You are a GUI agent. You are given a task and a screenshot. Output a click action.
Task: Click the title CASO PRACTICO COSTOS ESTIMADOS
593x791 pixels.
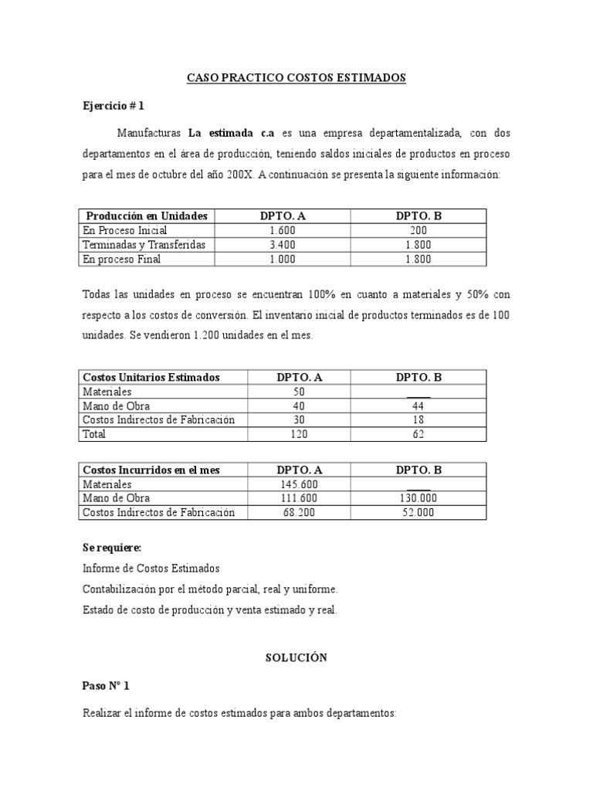(296, 78)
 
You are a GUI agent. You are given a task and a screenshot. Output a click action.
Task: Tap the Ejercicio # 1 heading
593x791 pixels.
(114, 106)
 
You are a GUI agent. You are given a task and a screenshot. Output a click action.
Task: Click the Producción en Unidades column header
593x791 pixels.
(147, 216)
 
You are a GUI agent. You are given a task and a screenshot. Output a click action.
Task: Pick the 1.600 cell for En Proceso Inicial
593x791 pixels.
(283, 230)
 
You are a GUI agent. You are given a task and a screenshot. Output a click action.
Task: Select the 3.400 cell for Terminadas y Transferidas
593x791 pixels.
(283, 245)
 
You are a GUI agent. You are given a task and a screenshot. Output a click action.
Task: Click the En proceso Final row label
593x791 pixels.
(121, 260)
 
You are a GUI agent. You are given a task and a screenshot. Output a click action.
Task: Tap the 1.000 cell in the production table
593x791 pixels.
(283, 260)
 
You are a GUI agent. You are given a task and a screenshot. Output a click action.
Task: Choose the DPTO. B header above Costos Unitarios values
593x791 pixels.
(418, 377)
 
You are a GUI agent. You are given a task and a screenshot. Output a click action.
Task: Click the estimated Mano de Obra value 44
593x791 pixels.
(418, 406)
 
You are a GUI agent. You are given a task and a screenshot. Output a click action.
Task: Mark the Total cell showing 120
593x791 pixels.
(299, 434)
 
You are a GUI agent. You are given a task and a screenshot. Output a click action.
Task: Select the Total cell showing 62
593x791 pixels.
(418, 434)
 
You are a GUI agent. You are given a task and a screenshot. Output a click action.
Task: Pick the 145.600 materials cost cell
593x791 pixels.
(299, 484)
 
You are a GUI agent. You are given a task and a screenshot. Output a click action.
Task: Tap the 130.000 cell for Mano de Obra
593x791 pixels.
(418, 498)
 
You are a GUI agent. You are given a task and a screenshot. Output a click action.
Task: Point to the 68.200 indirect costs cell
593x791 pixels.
(299, 513)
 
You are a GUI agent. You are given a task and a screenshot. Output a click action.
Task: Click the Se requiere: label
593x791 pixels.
(112, 548)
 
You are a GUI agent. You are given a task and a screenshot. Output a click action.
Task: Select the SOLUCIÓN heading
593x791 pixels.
(296, 657)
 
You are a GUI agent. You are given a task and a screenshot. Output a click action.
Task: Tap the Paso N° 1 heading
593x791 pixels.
(106, 685)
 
